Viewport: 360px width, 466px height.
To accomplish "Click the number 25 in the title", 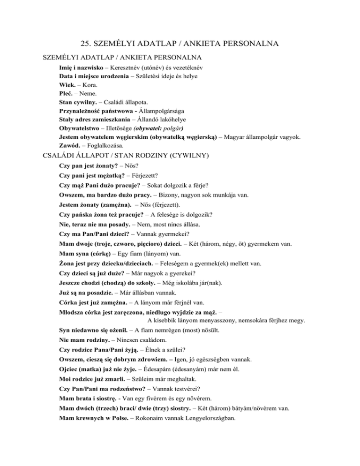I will coord(86,44).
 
